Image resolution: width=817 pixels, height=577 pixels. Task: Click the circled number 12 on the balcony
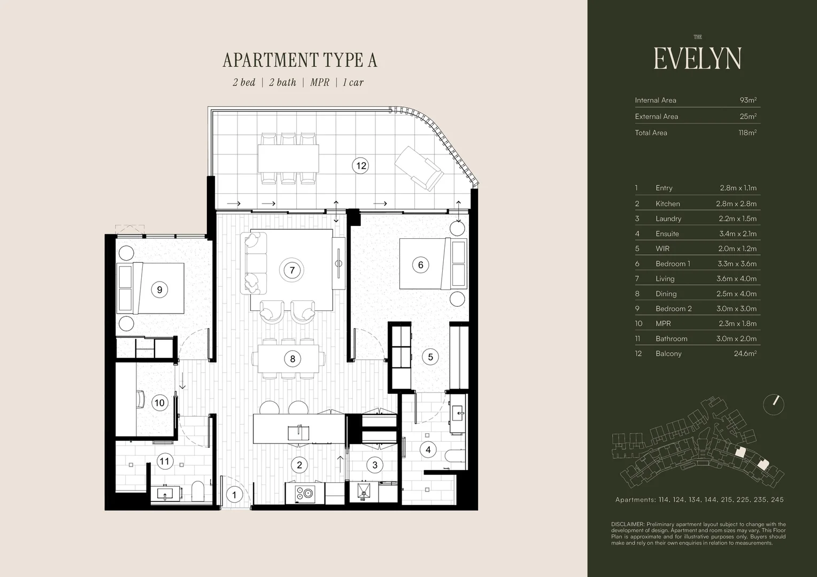360,166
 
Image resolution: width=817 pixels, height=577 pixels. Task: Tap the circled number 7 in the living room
292,270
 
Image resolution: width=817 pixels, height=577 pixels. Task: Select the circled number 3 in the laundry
375,465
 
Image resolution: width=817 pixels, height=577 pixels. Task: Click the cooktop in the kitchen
305,494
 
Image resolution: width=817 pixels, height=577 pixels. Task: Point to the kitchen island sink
298,433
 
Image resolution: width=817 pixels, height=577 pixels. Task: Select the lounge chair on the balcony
419,168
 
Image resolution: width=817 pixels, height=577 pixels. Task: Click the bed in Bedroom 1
433,264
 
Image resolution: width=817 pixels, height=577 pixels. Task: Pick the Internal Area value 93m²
748,100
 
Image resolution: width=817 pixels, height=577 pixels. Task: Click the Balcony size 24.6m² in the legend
745,354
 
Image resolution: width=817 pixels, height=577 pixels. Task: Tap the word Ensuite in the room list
667,233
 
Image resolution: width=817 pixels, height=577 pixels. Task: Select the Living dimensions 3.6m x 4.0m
736,279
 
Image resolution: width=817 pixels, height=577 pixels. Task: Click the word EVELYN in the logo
697,59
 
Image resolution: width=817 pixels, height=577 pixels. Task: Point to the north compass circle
773,404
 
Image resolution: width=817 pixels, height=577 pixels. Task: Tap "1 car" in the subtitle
353,82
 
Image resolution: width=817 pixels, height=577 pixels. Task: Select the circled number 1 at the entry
234,495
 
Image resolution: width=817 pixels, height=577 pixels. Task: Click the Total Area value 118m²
747,132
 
